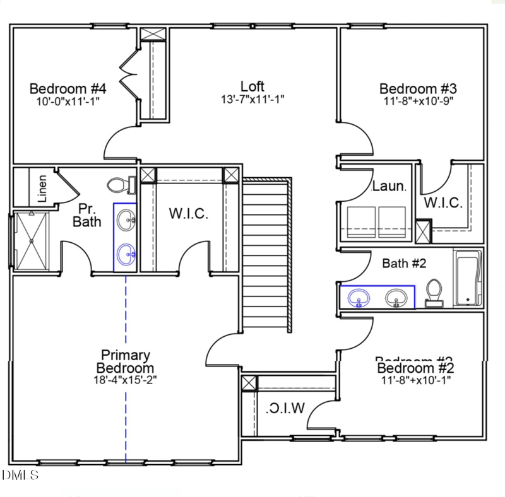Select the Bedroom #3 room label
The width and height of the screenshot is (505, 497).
417,89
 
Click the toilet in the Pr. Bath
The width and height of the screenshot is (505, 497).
119,185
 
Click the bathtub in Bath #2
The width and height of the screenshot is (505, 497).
468,278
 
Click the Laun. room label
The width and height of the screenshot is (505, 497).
388,187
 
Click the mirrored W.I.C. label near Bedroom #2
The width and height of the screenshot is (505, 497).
285,408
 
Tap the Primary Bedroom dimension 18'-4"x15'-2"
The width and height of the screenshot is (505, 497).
124,380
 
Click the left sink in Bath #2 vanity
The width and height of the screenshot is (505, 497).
360,297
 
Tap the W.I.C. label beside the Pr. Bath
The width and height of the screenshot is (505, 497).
188,214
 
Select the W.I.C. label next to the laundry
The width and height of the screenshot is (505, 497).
443,203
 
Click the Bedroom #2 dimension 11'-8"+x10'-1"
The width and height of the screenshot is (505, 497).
415,380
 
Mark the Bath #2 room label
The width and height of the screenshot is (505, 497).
404,263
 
